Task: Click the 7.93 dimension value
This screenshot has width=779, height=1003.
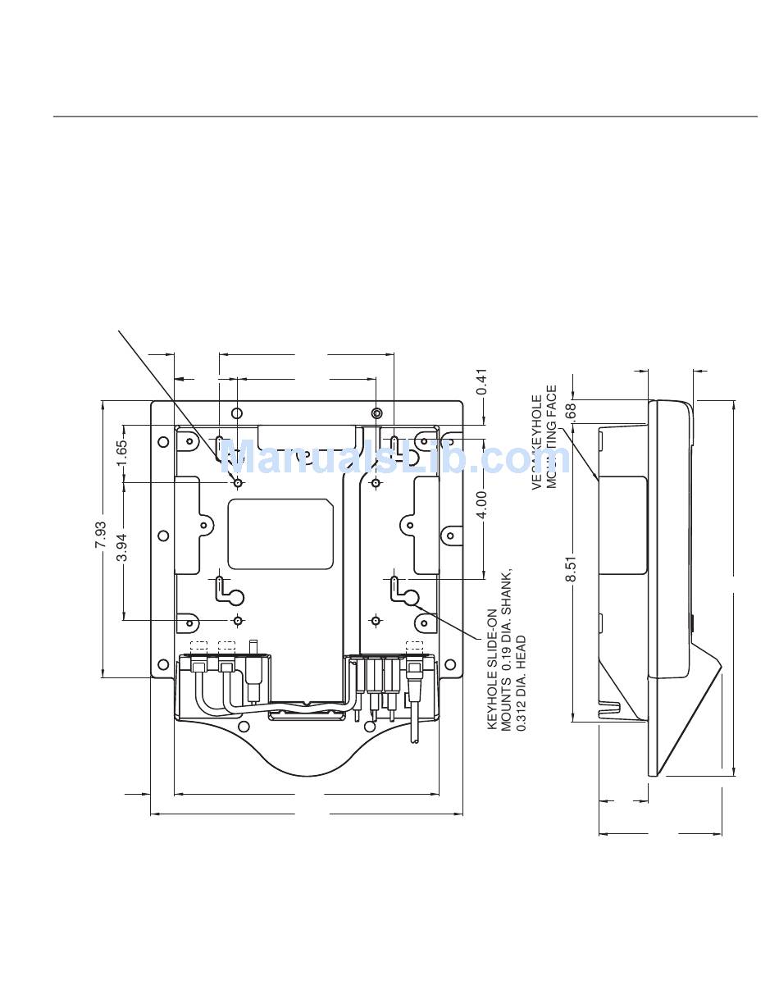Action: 100,535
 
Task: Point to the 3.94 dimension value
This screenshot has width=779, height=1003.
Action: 122,548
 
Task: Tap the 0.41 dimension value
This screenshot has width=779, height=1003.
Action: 482,381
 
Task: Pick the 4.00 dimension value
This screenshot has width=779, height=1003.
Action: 482,504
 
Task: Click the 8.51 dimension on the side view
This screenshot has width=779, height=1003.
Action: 572,568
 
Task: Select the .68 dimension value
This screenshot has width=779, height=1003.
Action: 572,411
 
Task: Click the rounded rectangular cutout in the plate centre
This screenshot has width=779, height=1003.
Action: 280,534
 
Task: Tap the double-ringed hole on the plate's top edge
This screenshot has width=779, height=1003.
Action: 376,413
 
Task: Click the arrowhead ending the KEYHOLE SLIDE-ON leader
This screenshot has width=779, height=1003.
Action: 417,609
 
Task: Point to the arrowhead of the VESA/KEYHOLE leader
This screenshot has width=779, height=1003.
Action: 595,476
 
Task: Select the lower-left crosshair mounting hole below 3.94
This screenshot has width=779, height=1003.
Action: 238,619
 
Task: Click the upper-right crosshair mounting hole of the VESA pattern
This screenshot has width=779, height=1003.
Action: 376,484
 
